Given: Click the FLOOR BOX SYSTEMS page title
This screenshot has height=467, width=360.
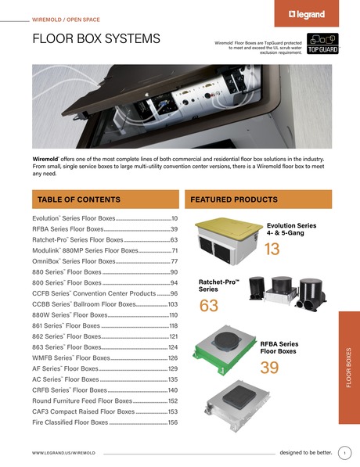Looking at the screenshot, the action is (96, 39).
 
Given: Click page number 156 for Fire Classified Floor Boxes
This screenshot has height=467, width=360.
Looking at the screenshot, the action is (172, 422).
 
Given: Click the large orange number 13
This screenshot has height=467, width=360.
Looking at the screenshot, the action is (272, 250).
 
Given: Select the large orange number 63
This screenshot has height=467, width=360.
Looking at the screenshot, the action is (209, 305).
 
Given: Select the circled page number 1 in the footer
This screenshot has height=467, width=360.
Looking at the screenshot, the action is (344, 452).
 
